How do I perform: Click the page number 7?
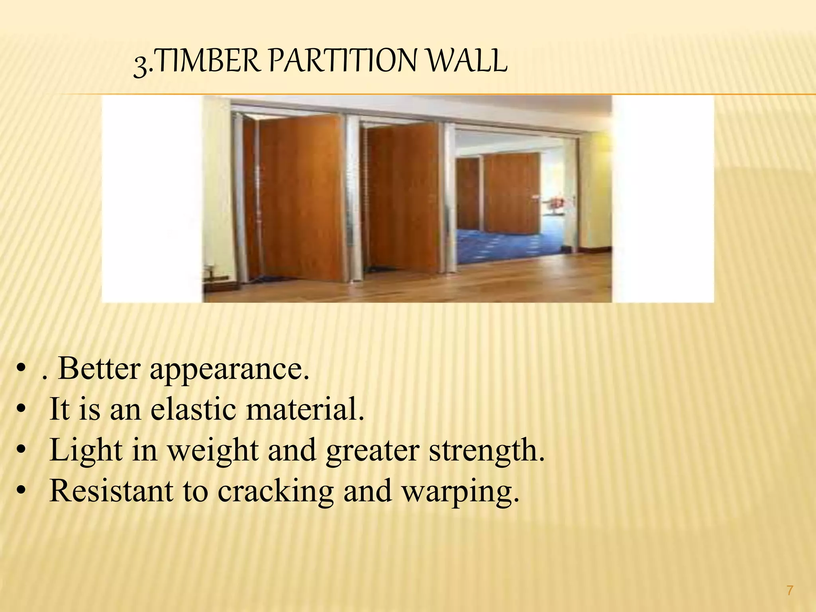click(x=790, y=590)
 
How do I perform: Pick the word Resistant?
click(x=112, y=491)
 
